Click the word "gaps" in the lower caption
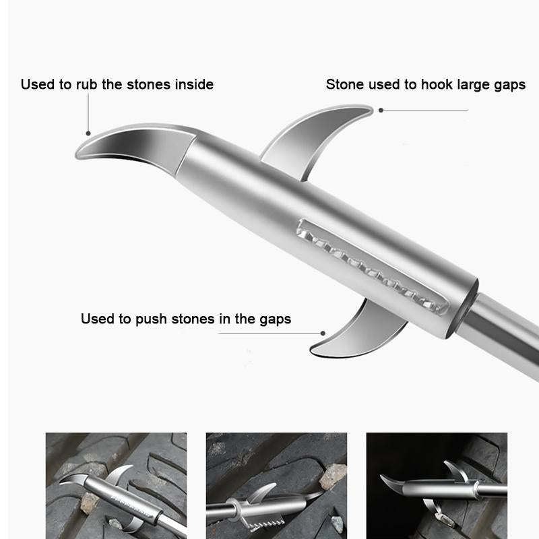click(274, 319)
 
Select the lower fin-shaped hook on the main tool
click(357, 334)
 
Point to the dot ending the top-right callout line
click(381, 110)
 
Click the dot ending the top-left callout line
click(88, 133)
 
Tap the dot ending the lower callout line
click(323, 333)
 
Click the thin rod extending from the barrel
click(505, 323)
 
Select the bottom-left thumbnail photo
click(116, 485)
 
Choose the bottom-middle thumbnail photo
click(276, 485)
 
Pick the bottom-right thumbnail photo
click(437, 485)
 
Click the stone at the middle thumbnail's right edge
click(333, 476)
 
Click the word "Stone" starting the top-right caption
click(344, 85)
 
